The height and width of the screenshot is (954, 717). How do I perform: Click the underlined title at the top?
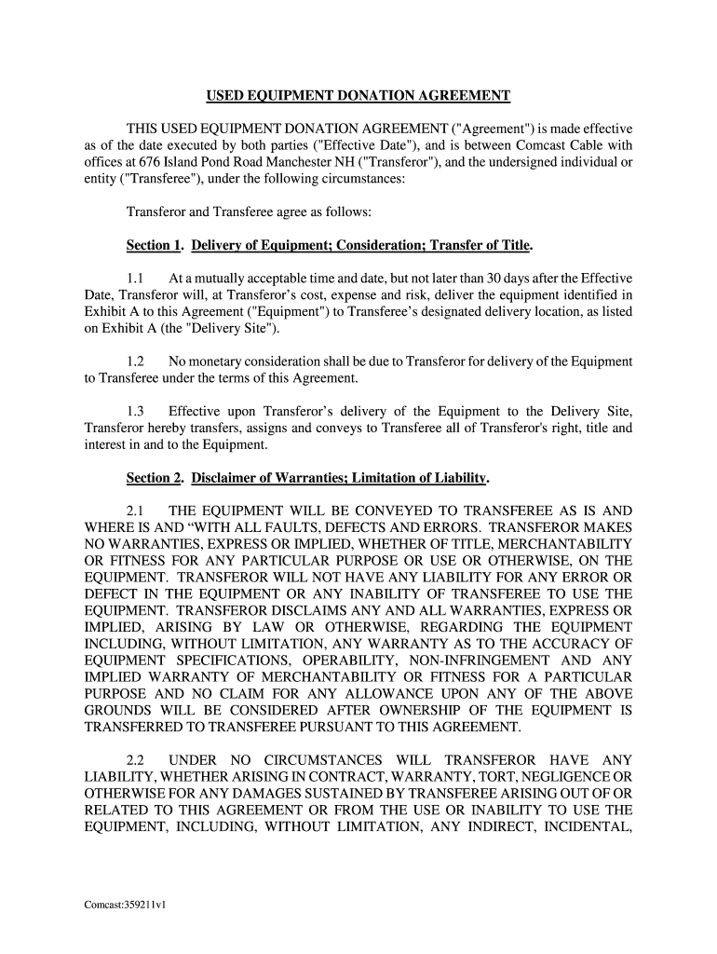(358, 96)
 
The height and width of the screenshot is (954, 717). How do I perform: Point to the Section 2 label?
(154, 479)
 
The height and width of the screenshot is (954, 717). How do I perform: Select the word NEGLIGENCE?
(565, 777)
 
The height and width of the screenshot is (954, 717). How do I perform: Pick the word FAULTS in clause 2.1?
(259, 528)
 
